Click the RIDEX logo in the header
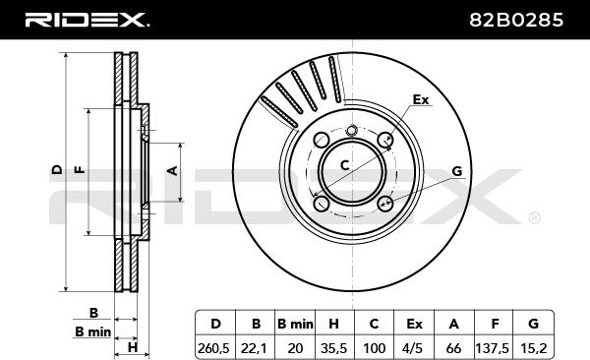point(87,20)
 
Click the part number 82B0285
point(516,20)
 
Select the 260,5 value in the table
point(213,348)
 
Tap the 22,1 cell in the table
point(255,348)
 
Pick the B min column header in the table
point(295,324)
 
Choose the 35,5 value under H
point(333,348)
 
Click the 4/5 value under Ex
point(413,348)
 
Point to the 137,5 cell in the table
point(493,348)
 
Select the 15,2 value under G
point(534,348)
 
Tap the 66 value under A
point(453,348)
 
